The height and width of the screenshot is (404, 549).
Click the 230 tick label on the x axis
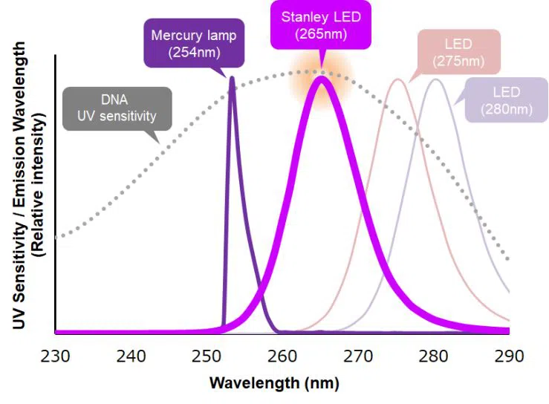coord(56,356)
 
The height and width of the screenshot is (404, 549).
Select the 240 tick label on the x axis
coord(131,356)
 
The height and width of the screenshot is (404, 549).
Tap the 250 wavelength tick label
coord(207,356)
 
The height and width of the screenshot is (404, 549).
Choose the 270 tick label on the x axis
coord(359,356)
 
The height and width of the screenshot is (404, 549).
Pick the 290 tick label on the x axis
coord(509,356)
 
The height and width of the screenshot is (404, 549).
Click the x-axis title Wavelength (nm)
coord(274,384)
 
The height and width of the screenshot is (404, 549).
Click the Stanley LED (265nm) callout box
coord(321,25)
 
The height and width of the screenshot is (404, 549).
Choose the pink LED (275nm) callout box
coord(459,50)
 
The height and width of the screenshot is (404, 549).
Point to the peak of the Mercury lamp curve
coord(233,77)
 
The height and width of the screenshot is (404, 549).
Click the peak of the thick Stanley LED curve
coord(321,77)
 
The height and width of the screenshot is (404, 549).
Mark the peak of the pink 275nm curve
coord(398,79)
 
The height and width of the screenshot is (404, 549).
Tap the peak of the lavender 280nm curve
coord(436,79)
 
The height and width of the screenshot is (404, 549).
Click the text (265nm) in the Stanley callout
coord(321,33)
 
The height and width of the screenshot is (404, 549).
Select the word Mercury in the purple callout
coord(172,35)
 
